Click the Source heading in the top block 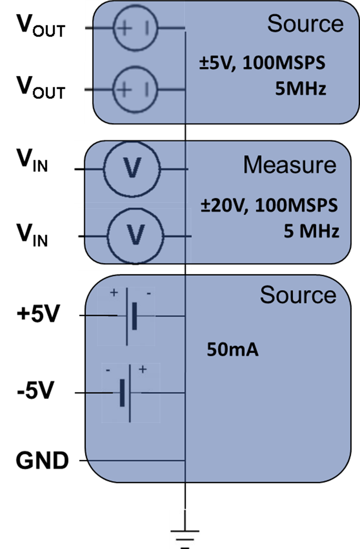305,24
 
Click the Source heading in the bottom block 298,295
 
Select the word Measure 290,165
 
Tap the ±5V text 218,63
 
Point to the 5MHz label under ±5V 300,88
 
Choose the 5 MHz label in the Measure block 311,231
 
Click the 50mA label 232,349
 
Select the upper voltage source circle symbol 135,28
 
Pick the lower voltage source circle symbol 135,90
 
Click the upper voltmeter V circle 132,169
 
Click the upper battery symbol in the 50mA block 126,316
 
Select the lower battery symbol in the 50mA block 131,393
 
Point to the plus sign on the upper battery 114,293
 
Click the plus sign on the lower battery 143,369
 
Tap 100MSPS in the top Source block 284,63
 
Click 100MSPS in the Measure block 296,206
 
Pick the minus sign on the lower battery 108,370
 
